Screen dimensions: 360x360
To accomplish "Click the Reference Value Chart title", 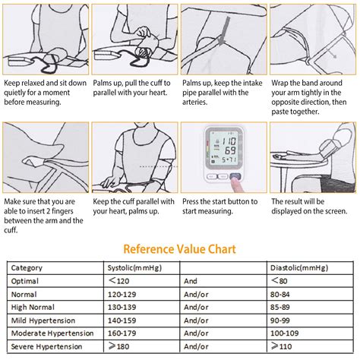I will [179, 248].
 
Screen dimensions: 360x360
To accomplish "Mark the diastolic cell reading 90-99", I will [281, 320].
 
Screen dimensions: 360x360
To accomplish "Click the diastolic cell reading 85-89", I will [281, 307].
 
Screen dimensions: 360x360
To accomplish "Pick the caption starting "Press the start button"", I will [220, 206].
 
